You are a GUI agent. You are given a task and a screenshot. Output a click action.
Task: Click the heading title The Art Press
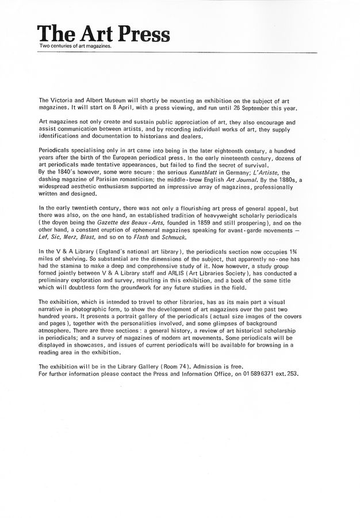tap(104, 34)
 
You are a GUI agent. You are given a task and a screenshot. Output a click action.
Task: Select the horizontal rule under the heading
tap(178, 52)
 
